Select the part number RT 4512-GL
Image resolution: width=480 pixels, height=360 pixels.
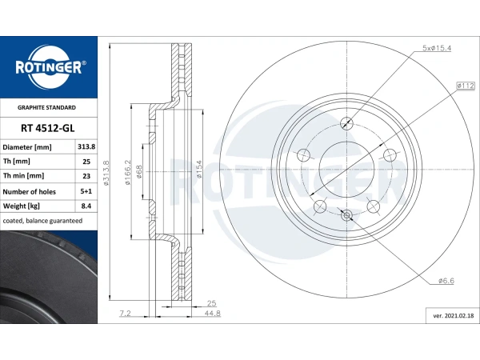pos(48,128)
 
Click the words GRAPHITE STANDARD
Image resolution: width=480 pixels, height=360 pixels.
pos(46,107)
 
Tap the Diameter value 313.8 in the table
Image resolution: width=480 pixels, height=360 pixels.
pos(86,147)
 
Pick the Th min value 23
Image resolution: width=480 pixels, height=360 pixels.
pos(86,176)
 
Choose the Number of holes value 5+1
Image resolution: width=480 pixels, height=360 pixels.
pos(86,191)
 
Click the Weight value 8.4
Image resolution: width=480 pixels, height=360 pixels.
pos(86,206)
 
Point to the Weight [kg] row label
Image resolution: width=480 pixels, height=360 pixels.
pos(22,206)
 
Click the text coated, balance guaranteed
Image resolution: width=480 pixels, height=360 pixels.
pos(42,221)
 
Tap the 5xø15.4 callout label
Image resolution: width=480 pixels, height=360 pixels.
pos(437,48)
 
